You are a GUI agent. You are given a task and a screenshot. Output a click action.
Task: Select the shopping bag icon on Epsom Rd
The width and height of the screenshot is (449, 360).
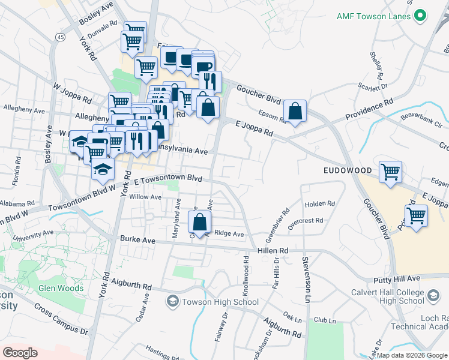295,111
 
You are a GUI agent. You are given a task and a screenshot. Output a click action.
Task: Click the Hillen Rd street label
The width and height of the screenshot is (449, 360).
273,250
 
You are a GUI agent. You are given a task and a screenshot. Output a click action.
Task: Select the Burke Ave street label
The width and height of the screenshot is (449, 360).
137,240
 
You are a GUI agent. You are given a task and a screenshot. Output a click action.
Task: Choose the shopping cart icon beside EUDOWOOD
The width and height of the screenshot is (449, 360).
390,172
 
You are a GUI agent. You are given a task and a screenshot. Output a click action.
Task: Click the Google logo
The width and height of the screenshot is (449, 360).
20,352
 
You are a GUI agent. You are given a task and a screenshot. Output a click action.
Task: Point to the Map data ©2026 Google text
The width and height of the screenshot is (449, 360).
412,355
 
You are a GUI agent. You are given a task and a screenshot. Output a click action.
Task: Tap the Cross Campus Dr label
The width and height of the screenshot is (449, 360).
61,319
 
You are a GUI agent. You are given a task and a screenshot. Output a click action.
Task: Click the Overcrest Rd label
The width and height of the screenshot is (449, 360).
306,220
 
